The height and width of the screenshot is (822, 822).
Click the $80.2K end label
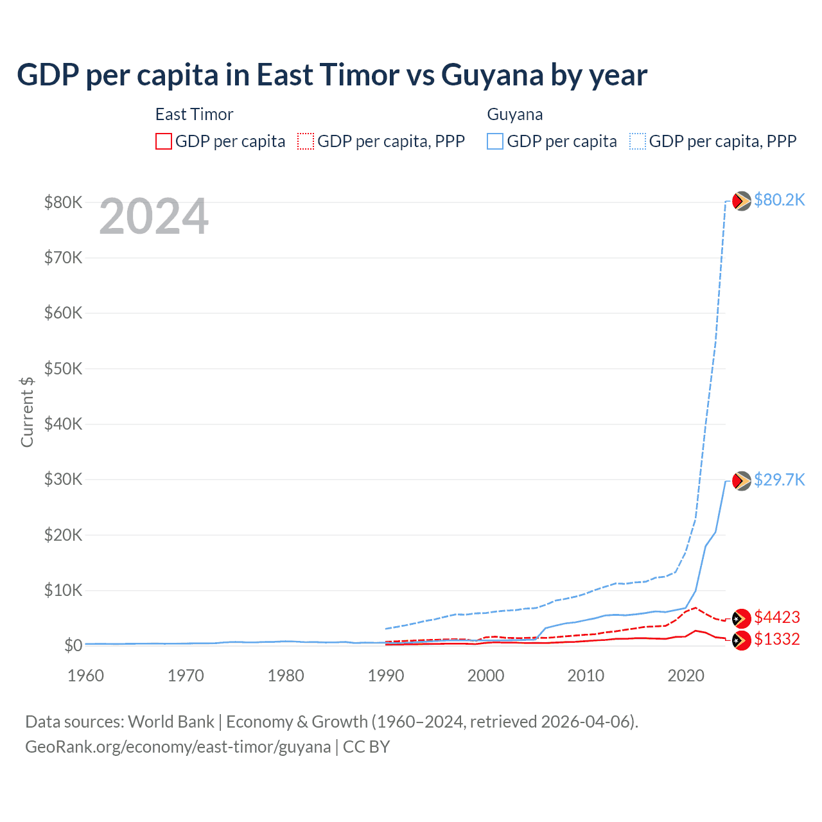779,200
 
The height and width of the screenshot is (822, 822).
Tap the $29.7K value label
779,480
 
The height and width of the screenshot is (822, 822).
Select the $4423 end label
777,618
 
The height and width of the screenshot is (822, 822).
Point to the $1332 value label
777,640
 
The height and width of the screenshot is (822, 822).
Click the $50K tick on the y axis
63,369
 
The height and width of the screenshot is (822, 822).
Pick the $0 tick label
73,646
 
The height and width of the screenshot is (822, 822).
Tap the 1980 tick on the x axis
286,676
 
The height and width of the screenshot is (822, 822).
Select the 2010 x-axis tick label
586,676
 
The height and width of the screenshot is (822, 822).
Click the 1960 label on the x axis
86,676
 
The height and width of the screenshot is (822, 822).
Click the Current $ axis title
27,412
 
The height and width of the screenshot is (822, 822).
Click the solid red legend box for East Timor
164,141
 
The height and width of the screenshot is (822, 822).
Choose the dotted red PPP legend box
306,141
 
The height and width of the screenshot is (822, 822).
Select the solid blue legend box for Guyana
495,141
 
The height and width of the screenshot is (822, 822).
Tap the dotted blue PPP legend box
638,141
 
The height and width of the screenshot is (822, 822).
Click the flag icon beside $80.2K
742,201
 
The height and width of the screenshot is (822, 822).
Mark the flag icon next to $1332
742,640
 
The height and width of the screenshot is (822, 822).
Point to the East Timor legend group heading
194,114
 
